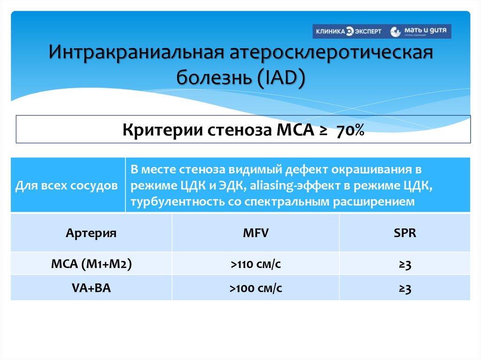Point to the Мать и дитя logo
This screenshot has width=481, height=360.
tap(421, 31)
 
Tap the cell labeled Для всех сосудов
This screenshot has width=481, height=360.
tap(67, 185)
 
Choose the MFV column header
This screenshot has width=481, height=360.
tap(256, 233)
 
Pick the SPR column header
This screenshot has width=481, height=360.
tap(405, 233)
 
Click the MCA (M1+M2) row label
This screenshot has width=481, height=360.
tap(91, 264)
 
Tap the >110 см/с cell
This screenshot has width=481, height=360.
tap(256, 264)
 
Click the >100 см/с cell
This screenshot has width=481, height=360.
tap(256, 288)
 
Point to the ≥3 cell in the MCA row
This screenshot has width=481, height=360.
tap(405, 265)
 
